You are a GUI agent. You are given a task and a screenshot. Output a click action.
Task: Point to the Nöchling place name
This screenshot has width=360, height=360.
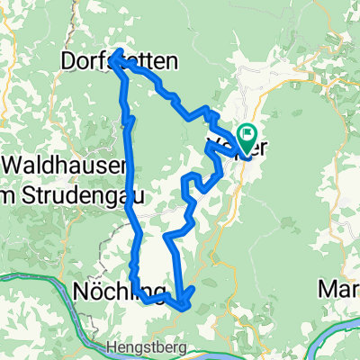point(117,292)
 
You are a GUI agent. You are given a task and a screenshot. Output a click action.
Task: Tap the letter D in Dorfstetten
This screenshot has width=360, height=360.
point(67,61)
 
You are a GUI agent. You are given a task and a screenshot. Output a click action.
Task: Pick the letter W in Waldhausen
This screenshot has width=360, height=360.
point(13,166)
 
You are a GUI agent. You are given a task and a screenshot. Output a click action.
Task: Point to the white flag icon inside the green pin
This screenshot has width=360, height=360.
point(248,134)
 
